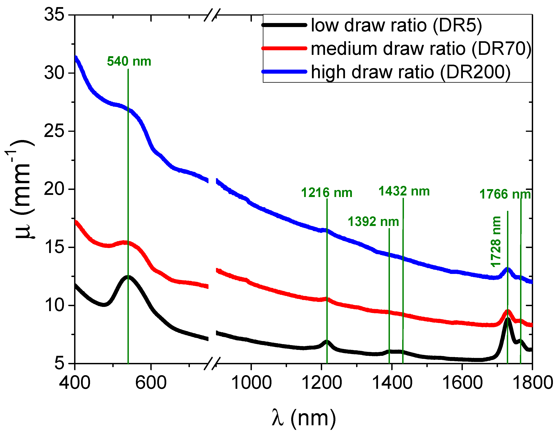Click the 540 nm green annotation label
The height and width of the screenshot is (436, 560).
[x=129, y=62]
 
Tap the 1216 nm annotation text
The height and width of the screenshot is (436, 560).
[x=326, y=193]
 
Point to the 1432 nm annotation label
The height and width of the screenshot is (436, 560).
[x=404, y=191]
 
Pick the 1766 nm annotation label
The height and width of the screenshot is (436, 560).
[x=505, y=194]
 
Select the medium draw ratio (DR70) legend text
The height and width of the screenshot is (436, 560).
[x=420, y=49]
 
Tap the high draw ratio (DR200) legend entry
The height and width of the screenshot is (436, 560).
[x=410, y=72]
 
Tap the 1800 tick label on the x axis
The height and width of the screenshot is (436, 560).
[x=532, y=383]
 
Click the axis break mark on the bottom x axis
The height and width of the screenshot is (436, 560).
[x=212, y=363]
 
